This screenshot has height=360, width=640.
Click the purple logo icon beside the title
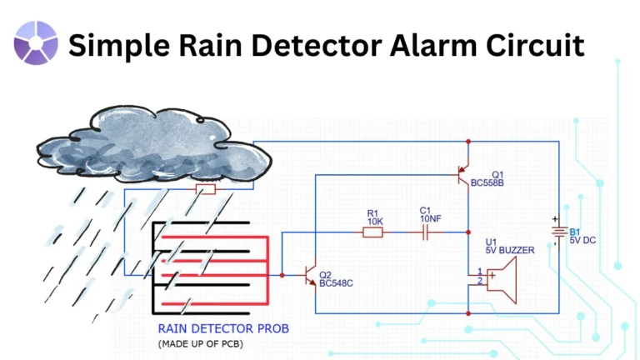click(x=36, y=43)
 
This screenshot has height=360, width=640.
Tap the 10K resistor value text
click(x=374, y=222)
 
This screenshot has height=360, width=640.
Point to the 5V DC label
click(x=585, y=241)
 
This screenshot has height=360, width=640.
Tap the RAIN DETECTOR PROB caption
click(x=223, y=328)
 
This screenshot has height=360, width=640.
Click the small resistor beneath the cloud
click(x=204, y=190)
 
